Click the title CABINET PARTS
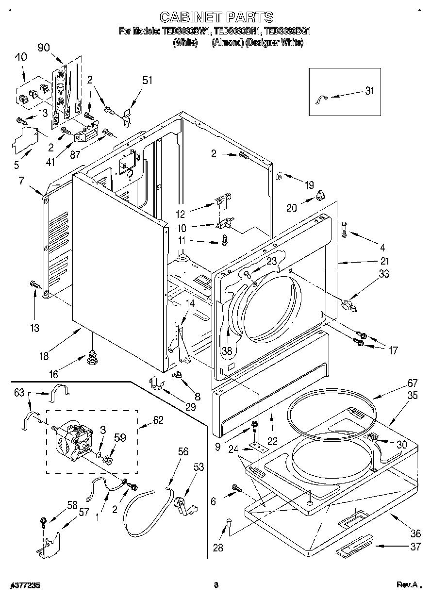pos(216,17)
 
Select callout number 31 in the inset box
pos(370,91)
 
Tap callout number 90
pos(44,48)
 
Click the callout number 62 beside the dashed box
pos(158,420)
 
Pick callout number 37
pos(415,548)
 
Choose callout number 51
pos(147,80)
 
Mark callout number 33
pos(383,274)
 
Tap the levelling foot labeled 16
pos(91,359)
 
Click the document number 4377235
pos(24,585)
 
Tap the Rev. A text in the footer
pos(406,585)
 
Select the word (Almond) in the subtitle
pos(227,43)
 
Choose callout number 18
pos(44,356)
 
